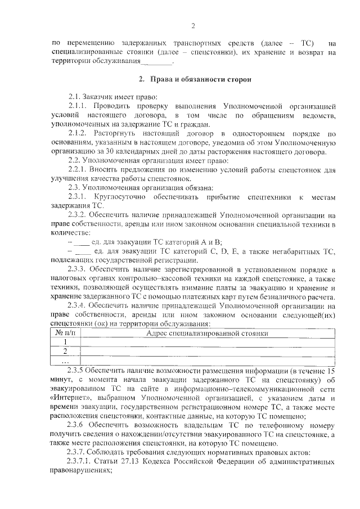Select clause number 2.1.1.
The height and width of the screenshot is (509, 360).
(79, 106)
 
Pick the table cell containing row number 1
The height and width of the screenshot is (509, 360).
(66, 342)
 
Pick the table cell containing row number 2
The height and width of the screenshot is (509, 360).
(66, 352)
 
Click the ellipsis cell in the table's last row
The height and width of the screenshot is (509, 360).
(66, 361)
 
